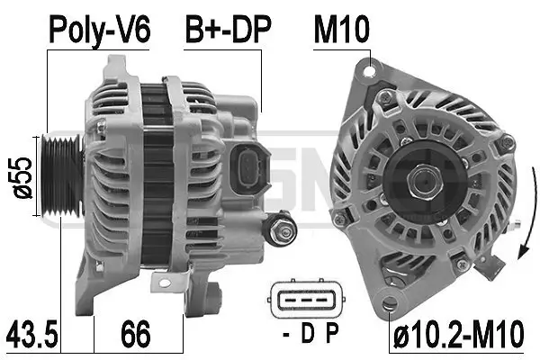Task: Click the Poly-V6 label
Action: coord(99,32)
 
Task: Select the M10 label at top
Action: coord(341,32)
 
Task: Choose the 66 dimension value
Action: coord(136,337)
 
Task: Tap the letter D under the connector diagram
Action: coord(306,337)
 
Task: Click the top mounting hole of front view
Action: coord(370,65)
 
